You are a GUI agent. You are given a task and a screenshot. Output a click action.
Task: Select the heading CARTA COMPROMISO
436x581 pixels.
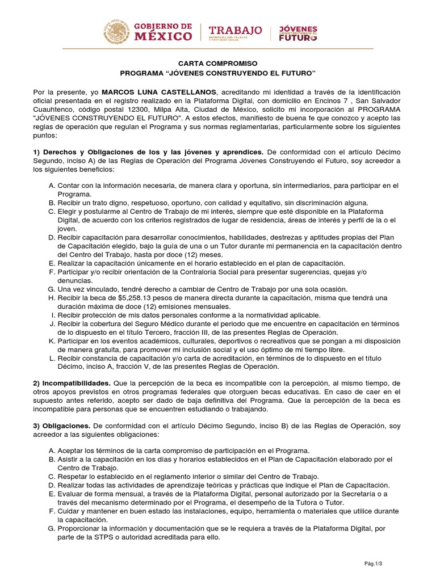click(x=217, y=64)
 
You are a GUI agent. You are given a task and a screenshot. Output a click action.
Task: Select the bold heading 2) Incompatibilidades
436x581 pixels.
click(x=71, y=383)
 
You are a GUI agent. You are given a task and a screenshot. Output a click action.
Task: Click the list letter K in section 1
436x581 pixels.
click(x=52, y=340)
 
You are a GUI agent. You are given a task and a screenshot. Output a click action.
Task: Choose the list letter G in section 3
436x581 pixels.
click(x=52, y=528)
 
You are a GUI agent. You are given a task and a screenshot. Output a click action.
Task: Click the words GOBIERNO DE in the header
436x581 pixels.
click(x=162, y=26)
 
